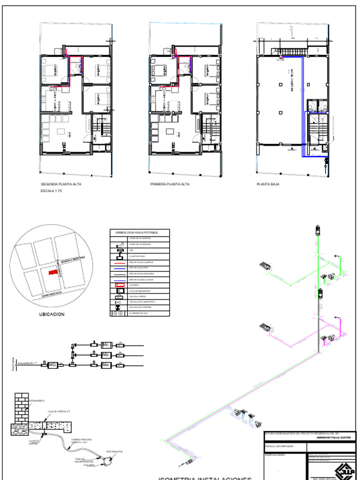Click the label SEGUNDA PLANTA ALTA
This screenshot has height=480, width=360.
(61, 184)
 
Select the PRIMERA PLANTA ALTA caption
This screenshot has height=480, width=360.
(170, 184)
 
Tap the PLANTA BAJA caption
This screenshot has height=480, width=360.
(268, 184)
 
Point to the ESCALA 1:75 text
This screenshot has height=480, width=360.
(52, 192)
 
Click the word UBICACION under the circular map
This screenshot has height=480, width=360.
(52, 315)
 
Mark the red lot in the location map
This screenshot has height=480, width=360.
(55, 272)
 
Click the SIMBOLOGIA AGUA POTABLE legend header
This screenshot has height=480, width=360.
(140, 232)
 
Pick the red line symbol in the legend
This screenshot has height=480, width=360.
(118, 262)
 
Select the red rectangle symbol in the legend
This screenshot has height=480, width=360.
(118, 285)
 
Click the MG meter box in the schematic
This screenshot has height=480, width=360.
(52, 364)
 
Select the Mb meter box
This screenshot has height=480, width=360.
(105, 355)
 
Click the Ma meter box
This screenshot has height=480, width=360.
(105, 365)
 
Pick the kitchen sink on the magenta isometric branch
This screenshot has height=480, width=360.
(265, 328)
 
